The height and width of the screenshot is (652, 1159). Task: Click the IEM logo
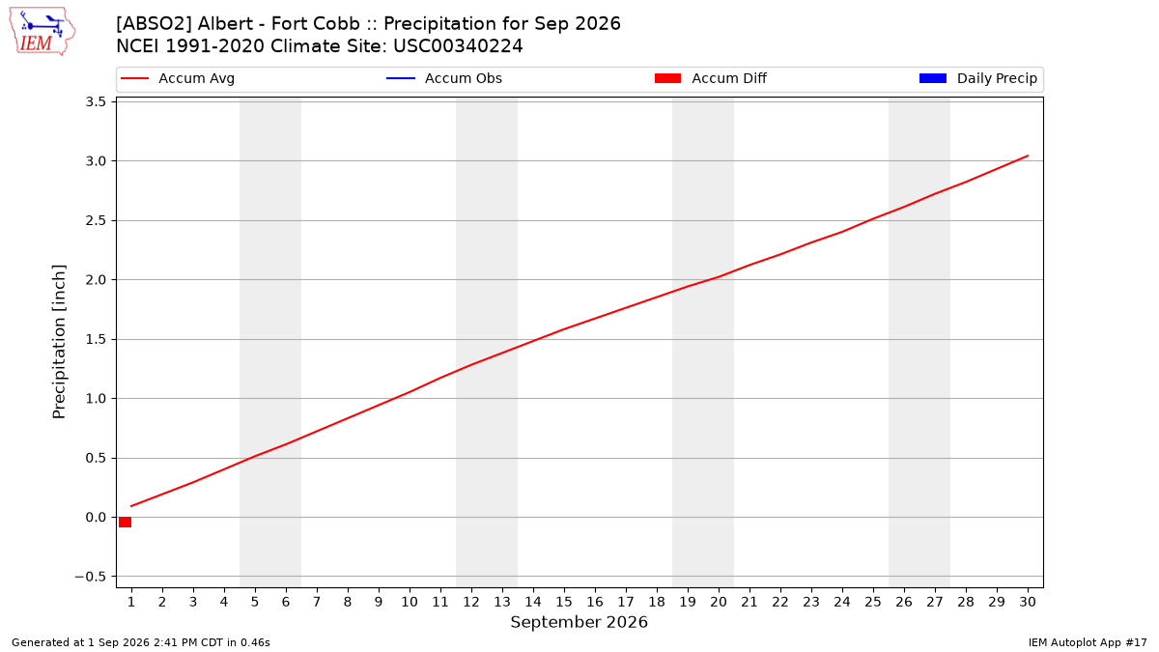[x=42, y=32]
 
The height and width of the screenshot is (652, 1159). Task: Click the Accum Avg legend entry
[x=178, y=78]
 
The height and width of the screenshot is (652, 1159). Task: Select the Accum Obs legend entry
[x=444, y=78]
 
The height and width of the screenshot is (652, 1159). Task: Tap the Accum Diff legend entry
[x=711, y=78]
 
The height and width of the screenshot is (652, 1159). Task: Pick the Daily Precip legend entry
[x=977, y=78]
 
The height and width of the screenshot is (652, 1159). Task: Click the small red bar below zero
[x=125, y=523]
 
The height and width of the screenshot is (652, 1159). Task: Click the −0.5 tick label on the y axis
[x=91, y=577]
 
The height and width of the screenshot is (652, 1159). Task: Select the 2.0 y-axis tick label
[x=96, y=280]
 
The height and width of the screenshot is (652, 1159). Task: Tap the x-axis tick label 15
[x=564, y=602]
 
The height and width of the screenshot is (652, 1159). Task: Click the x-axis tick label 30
[x=1028, y=602]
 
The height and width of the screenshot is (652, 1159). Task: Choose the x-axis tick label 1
[x=131, y=602]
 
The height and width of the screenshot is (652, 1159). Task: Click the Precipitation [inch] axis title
[x=59, y=342]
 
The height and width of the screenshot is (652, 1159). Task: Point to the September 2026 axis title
[x=579, y=622]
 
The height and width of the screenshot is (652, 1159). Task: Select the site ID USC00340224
[x=458, y=46]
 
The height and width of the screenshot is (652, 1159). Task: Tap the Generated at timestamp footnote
[x=141, y=642]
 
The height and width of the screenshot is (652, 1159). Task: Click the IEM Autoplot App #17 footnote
[x=1088, y=642]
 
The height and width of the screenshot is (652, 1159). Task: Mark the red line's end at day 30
[x=1028, y=156]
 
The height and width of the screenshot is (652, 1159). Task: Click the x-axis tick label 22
[x=780, y=602]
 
